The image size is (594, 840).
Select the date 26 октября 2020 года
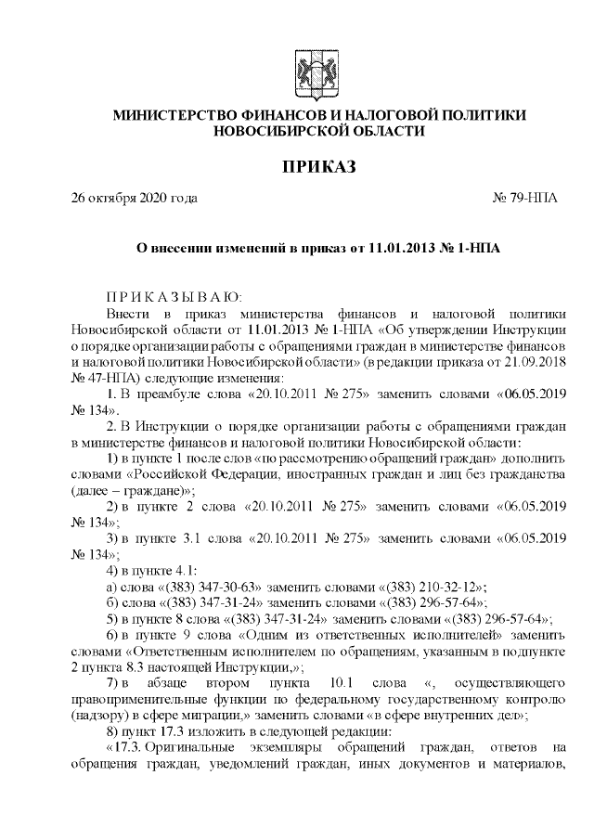(135, 199)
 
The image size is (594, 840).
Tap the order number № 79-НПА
(524, 199)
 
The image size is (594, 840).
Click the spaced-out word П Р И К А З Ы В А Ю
(174, 297)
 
